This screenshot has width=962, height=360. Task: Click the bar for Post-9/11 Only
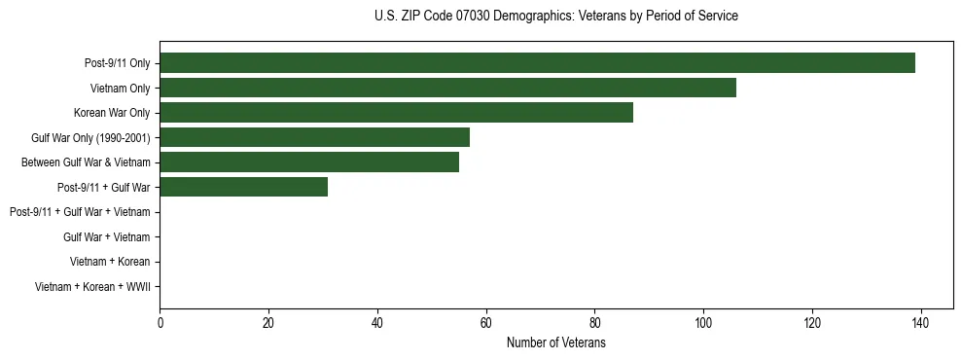(x=537, y=63)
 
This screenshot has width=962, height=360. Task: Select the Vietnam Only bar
(x=447, y=88)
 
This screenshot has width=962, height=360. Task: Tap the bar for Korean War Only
(x=396, y=113)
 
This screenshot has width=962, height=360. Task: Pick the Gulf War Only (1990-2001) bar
(x=314, y=137)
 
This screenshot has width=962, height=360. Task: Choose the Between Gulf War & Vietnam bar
(x=309, y=162)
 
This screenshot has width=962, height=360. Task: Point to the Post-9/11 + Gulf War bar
(x=243, y=187)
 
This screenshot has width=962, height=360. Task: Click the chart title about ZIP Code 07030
(x=555, y=17)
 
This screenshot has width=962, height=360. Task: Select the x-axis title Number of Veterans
(x=555, y=343)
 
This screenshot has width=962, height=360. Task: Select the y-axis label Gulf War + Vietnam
(x=106, y=236)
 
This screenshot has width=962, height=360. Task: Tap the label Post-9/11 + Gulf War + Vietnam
(x=80, y=212)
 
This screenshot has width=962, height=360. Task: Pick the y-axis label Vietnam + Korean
(x=110, y=262)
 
